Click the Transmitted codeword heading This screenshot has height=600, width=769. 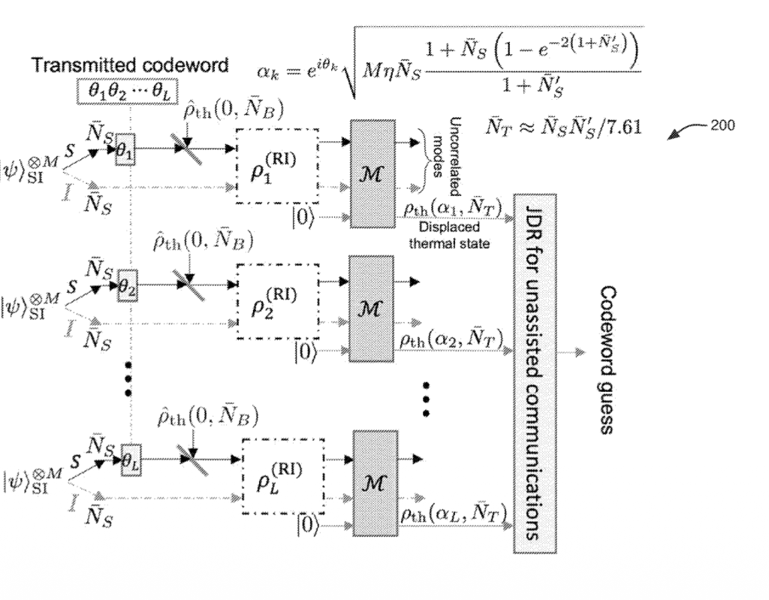coord(129,65)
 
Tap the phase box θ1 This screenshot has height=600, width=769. coord(125,151)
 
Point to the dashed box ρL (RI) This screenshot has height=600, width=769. coord(283,476)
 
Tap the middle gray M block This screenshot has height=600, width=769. coord(373,309)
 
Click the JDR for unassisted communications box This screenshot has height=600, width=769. coord(534,373)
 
